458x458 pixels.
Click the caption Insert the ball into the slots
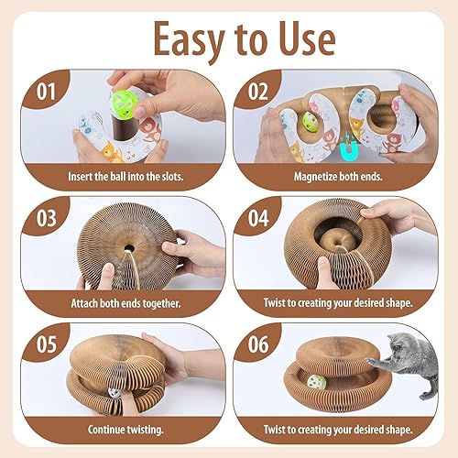tap(122, 175)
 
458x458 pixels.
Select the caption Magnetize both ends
tap(334, 175)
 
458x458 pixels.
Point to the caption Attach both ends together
tap(122, 302)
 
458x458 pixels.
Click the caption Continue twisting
tap(122, 428)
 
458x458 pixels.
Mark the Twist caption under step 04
tap(334, 302)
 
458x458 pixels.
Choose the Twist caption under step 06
tap(334, 428)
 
